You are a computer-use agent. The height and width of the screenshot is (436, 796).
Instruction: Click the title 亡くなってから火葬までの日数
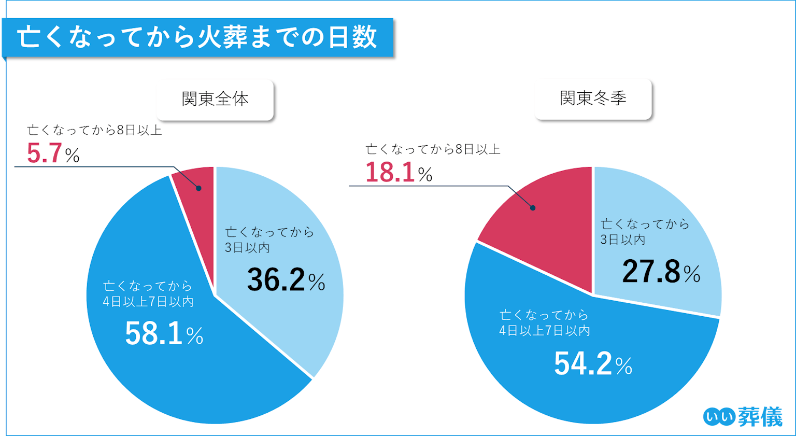197,38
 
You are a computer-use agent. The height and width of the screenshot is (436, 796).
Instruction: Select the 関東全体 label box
215,99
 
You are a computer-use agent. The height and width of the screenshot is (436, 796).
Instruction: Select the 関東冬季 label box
593,98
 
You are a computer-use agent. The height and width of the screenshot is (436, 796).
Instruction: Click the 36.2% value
286,280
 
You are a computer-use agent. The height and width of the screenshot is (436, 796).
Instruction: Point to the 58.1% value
164,334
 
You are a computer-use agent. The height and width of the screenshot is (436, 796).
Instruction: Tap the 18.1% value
399,173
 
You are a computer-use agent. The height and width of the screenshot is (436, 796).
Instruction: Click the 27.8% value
661,272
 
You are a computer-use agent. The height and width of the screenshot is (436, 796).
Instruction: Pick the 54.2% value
593,364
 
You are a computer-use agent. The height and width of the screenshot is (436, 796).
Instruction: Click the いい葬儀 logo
743,416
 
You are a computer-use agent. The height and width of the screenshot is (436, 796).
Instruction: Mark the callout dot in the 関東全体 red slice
198,189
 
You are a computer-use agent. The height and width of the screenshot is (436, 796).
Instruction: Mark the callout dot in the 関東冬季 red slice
533,208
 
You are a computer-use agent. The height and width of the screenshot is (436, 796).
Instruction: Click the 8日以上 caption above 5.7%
94,130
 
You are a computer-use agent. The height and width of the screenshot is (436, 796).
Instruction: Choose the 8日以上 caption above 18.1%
433,150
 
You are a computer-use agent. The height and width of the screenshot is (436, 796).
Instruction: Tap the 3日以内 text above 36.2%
269,240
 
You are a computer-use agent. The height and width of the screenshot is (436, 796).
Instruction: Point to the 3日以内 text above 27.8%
645,232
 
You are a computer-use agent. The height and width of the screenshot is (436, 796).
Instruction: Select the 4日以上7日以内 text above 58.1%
148,293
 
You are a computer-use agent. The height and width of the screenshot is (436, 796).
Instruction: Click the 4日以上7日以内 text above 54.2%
544,322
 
